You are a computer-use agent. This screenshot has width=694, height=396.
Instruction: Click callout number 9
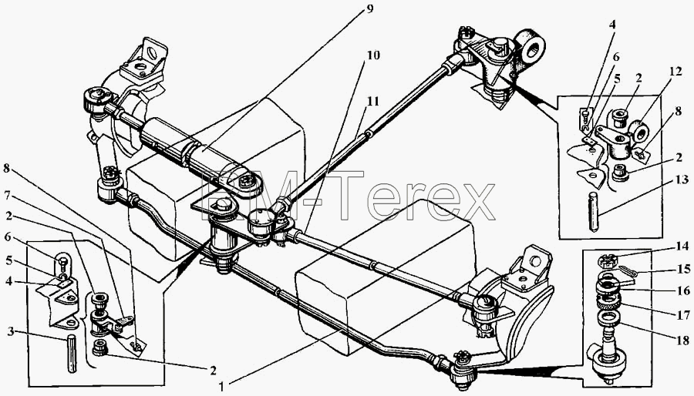(369, 9)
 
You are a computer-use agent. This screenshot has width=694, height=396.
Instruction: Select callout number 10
(372, 55)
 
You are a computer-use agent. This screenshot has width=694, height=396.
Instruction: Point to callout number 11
(372, 101)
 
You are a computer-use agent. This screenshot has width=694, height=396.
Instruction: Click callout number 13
(682, 180)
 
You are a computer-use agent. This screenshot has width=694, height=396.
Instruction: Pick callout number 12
(675, 71)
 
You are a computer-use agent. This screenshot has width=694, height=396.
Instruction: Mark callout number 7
(7, 194)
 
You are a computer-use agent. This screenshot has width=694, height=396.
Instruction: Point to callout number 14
(682, 247)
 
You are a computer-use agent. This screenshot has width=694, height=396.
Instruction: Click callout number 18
(682, 341)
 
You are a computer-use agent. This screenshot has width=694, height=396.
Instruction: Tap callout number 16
(683, 290)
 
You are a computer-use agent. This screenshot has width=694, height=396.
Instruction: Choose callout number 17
(682, 315)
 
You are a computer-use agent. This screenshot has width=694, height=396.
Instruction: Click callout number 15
(683, 269)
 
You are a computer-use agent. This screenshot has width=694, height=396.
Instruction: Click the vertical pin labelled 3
(72, 354)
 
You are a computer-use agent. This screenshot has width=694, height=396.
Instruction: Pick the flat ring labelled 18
(608, 317)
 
